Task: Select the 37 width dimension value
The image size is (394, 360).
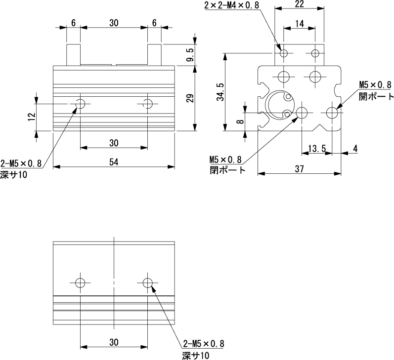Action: click(299, 169)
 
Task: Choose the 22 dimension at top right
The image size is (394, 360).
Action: click(299, 4)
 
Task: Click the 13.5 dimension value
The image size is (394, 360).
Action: click(316, 148)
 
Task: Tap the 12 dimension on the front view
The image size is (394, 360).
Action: click(32, 117)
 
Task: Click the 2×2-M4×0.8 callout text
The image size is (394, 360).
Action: click(231, 5)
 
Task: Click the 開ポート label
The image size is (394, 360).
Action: click(376, 96)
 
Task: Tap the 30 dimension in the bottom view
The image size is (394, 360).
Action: click(114, 342)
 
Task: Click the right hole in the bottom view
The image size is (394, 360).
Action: click(147, 282)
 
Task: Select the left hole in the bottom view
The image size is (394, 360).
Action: click(80, 282)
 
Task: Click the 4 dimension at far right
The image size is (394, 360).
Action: click(355, 148)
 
